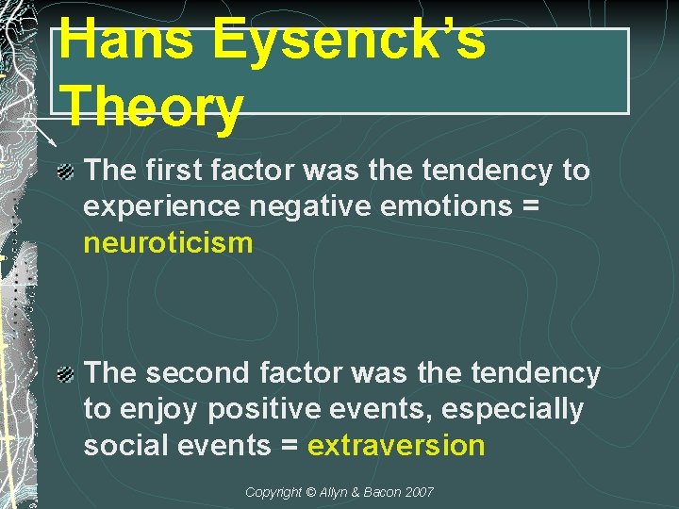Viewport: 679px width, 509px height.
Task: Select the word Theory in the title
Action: coord(151,107)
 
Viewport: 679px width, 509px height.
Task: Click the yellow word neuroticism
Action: coord(168,243)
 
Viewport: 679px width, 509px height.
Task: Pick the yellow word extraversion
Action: coord(396,445)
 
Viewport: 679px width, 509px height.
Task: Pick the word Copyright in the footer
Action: coord(273,492)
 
